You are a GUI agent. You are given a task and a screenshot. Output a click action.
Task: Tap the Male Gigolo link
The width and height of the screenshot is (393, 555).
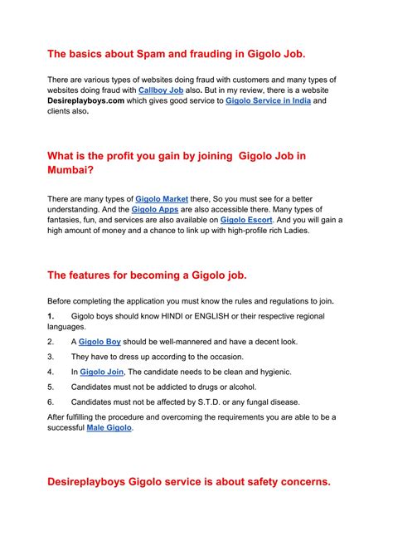click(x=109, y=428)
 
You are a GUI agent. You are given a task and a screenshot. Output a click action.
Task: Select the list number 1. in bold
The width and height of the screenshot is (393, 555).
click(x=51, y=316)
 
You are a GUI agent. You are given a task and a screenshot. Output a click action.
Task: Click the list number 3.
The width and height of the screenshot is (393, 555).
click(x=51, y=357)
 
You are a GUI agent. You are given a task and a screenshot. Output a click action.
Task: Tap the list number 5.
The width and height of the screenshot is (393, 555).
click(x=51, y=387)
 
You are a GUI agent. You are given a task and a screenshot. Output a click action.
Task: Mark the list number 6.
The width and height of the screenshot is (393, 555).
click(x=51, y=402)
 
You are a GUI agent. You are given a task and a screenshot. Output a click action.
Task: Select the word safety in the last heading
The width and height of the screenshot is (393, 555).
click(x=247, y=480)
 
